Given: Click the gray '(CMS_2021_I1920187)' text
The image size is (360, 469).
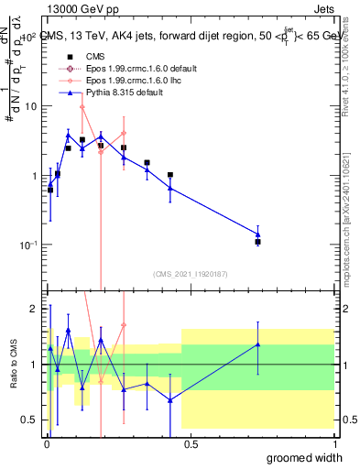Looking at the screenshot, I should tap(190, 274).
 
